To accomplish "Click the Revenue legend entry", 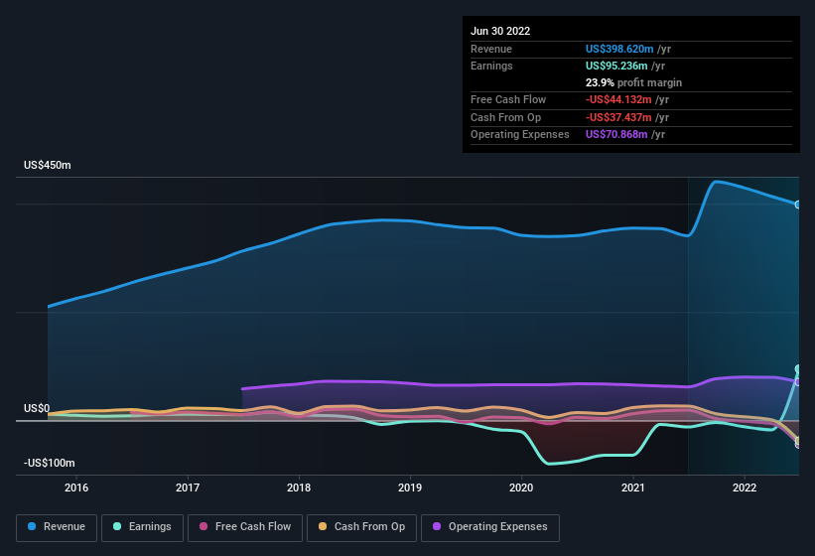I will pyautogui.click(x=57, y=527).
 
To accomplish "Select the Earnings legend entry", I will pyautogui.click(x=142, y=527).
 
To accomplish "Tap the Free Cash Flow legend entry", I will pyautogui.click(x=245, y=527).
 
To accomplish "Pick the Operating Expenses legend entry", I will pyautogui.click(x=490, y=527).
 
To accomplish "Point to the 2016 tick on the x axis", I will pyautogui.click(x=76, y=487).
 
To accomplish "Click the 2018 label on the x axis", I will pyautogui.click(x=299, y=487).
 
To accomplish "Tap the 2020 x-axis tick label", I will pyautogui.click(x=522, y=487).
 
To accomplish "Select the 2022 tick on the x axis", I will pyautogui.click(x=745, y=487).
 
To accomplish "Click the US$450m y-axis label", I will pyautogui.click(x=48, y=165).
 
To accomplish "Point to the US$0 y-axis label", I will pyautogui.click(x=37, y=408).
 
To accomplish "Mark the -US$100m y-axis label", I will pyautogui.click(x=50, y=463).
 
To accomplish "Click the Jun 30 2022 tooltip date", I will pyautogui.click(x=500, y=31).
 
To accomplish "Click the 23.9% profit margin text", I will pyautogui.click(x=633, y=82).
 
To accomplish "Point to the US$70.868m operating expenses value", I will pyautogui.click(x=617, y=134).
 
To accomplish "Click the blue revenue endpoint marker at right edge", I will pyautogui.click(x=797, y=205).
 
